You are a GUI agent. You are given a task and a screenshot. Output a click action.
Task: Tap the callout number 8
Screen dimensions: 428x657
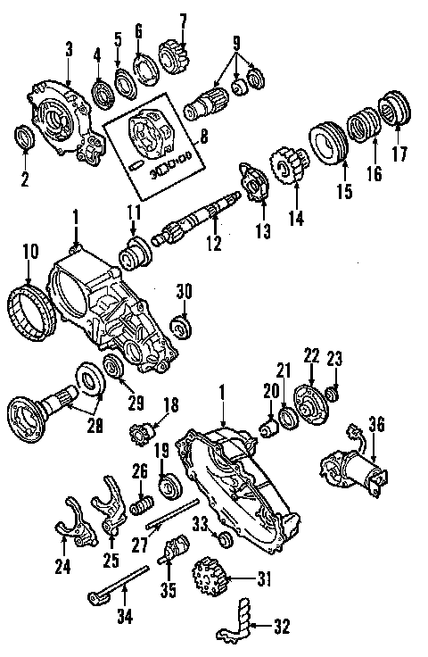pos(205,137)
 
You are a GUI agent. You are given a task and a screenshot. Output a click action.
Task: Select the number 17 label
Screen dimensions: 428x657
pos(399,153)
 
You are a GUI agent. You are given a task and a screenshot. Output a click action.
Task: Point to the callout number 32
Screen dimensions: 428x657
pos(281,627)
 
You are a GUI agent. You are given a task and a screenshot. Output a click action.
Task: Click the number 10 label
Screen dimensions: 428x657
pos(30,252)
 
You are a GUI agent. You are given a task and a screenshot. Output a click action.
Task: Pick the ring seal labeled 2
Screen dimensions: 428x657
pos(25,137)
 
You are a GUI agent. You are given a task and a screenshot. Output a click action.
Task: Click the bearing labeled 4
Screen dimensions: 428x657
pos(102,91)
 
